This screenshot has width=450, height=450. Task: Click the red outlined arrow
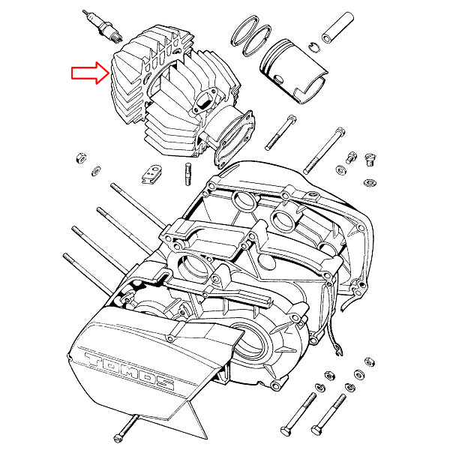point(90,73)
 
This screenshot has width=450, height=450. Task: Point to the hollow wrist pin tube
point(337,28)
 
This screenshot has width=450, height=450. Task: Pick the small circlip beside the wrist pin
point(314,47)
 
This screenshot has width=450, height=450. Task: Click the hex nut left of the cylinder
point(81,157)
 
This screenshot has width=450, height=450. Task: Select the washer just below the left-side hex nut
point(95,170)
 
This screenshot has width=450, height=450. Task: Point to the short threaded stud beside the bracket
point(188,174)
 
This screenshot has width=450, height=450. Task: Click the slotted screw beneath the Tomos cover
point(125,428)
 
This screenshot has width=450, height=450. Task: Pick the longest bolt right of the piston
point(324,151)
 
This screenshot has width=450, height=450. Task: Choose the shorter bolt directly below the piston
point(280,133)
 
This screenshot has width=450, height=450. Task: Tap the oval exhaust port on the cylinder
point(202,100)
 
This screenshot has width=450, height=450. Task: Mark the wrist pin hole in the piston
point(277,79)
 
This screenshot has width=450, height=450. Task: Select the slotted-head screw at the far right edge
point(370,160)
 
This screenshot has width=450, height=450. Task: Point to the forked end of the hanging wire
point(339,351)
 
